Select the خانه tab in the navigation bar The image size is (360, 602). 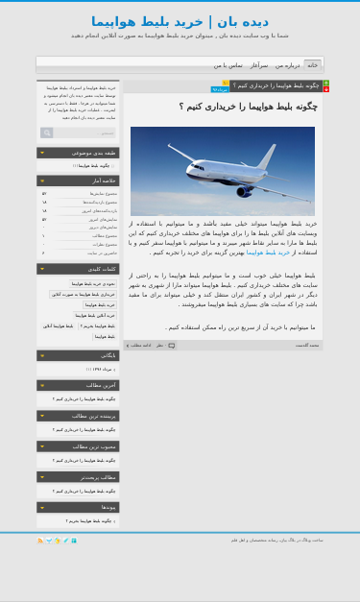(x=312, y=65)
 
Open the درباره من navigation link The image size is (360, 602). (x=287, y=65)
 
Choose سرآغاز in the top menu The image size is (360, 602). (x=259, y=65)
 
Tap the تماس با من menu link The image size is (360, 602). (x=228, y=65)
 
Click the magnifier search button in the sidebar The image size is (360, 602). (x=47, y=133)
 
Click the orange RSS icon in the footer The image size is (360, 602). (x=40, y=541)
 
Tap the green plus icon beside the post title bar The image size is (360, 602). (x=325, y=83)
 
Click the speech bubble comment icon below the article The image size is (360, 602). (x=172, y=345)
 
